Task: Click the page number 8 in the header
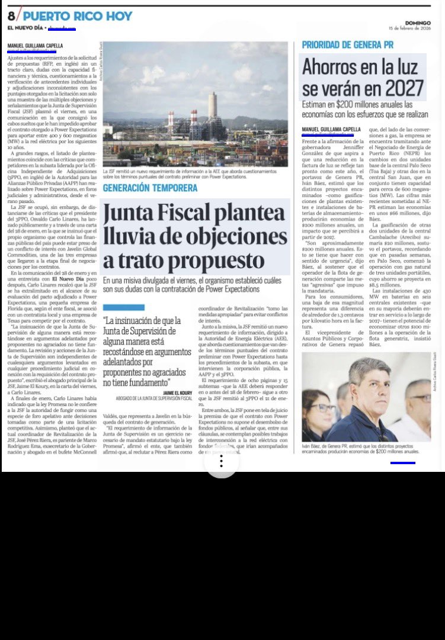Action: click(x=11, y=16)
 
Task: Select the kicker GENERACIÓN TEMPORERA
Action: click(x=149, y=188)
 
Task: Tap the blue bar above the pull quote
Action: click(x=123, y=307)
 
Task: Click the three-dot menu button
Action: click(x=222, y=462)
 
